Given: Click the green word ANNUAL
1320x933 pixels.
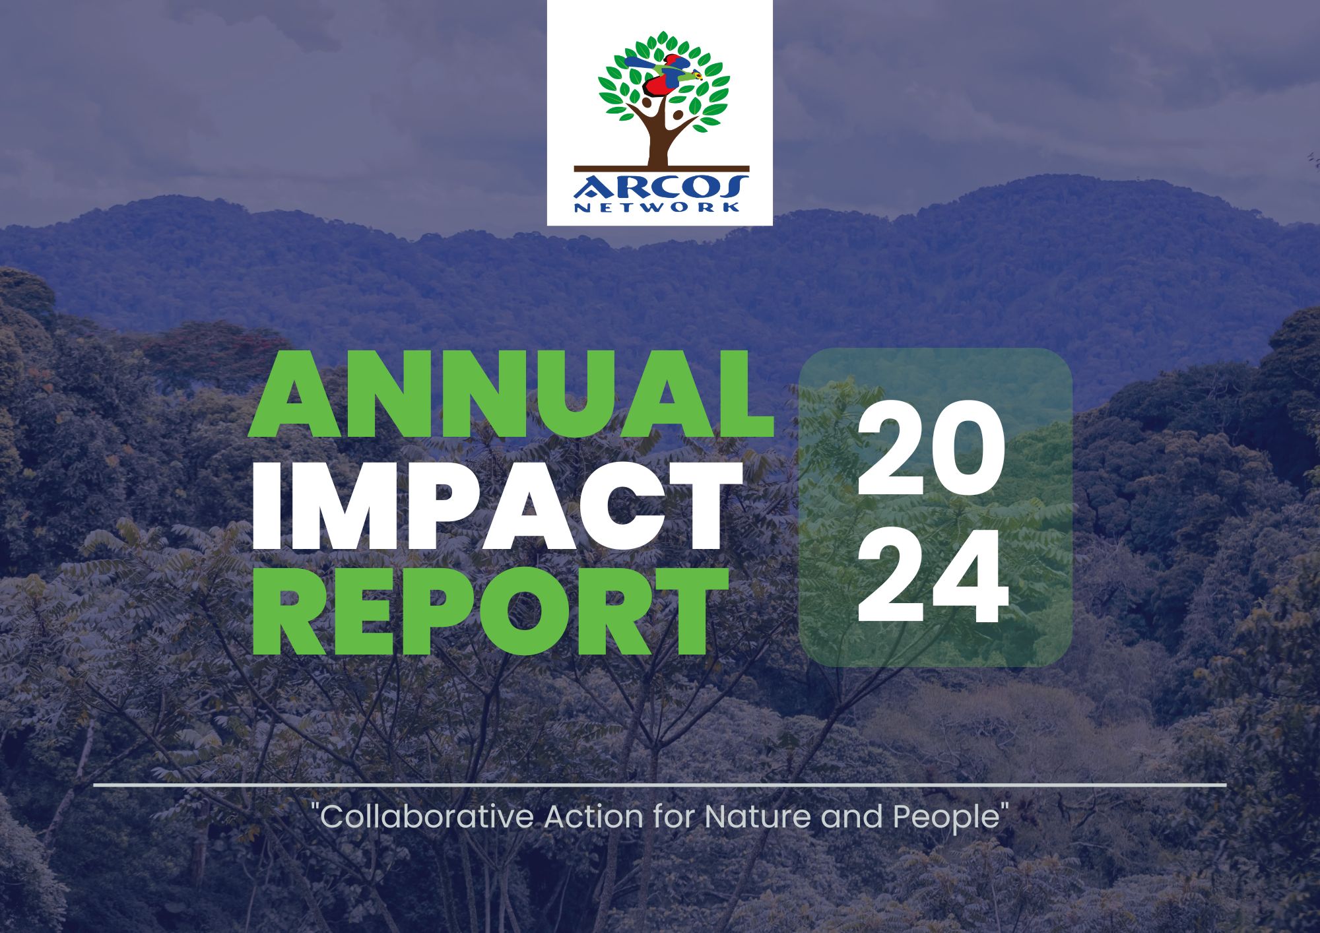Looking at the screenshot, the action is (510, 393).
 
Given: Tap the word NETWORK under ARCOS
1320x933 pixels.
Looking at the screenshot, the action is (657, 207).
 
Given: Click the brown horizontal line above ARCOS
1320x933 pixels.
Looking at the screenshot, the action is (661, 168).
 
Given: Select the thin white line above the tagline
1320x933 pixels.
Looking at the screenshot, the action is (660, 785).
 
